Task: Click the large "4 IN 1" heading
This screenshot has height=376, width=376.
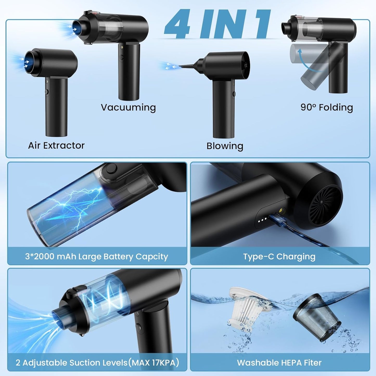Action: (217, 24)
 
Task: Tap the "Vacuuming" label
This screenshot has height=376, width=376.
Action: (128, 107)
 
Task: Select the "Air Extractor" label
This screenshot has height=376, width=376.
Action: (56, 145)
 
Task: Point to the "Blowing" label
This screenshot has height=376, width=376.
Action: (225, 146)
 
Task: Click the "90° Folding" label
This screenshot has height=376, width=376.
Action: (327, 107)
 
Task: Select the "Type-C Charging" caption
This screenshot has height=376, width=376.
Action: (279, 257)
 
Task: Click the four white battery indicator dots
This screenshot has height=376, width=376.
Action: (262, 221)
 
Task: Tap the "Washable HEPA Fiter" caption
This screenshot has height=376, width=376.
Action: (279, 362)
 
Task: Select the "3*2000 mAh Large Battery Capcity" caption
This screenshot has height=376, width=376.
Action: (97, 257)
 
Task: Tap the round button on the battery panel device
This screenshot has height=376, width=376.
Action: (111, 169)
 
